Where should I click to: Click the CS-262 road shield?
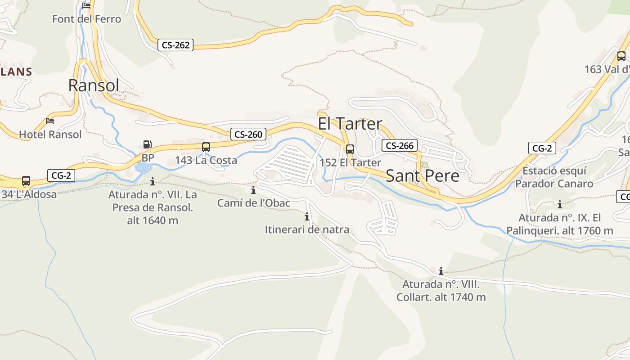click(175, 45)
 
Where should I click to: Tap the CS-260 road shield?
click(248, 134)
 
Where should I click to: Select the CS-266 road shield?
click(400, 145)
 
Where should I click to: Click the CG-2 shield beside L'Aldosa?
click(61, 175)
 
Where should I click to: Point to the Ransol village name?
click(94, 85)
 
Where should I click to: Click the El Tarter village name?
click(350, 124)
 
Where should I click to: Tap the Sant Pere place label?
click(423, 176)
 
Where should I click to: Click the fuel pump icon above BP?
click(147, 144)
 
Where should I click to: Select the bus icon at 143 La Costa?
click(206, 147)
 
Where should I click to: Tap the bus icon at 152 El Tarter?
click(350, 149)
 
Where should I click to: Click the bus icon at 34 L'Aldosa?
click(26, 181)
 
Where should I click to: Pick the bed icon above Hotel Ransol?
click(50, 121)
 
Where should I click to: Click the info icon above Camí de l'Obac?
click(253, 190)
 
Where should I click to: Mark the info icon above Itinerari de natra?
click(307, 216)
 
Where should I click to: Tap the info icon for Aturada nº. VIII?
click(441, 271)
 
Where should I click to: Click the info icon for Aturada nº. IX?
click(560, 204)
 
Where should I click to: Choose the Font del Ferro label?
click(86, 19)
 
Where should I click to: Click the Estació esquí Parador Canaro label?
click(554, 177)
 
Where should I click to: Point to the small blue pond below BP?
click(144, 168)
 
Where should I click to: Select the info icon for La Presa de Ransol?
click(153, 181)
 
